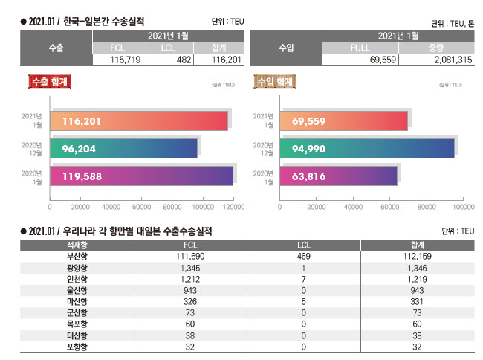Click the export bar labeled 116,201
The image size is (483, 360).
pos(138,120)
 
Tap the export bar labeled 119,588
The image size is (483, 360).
pos(141,176)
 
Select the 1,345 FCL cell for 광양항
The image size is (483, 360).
pos(189,267)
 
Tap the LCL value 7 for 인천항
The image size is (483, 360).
pos(303,279)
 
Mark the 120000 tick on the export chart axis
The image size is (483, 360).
pos(234,208)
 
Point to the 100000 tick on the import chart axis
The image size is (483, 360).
pos(464,208)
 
